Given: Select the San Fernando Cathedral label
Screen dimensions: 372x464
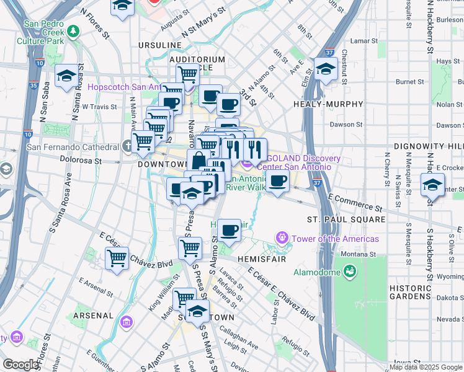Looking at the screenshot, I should coord(73,147).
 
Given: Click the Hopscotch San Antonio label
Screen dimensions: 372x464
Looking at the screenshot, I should coord(128,87).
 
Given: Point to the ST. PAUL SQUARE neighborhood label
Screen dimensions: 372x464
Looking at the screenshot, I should coord(346,219).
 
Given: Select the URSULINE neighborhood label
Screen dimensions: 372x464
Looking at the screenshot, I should coord(160,45).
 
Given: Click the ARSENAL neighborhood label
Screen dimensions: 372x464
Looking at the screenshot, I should coord(93,315).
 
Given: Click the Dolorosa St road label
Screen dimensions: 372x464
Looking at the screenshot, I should coord(80,159).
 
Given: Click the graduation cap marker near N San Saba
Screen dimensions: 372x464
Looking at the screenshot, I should coord(66,76).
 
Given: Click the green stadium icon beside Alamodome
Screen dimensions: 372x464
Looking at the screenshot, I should coord(350,271).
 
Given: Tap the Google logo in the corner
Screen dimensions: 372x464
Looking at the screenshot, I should coord(20,365).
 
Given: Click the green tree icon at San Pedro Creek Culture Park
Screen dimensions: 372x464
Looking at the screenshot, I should coord(73,30).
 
